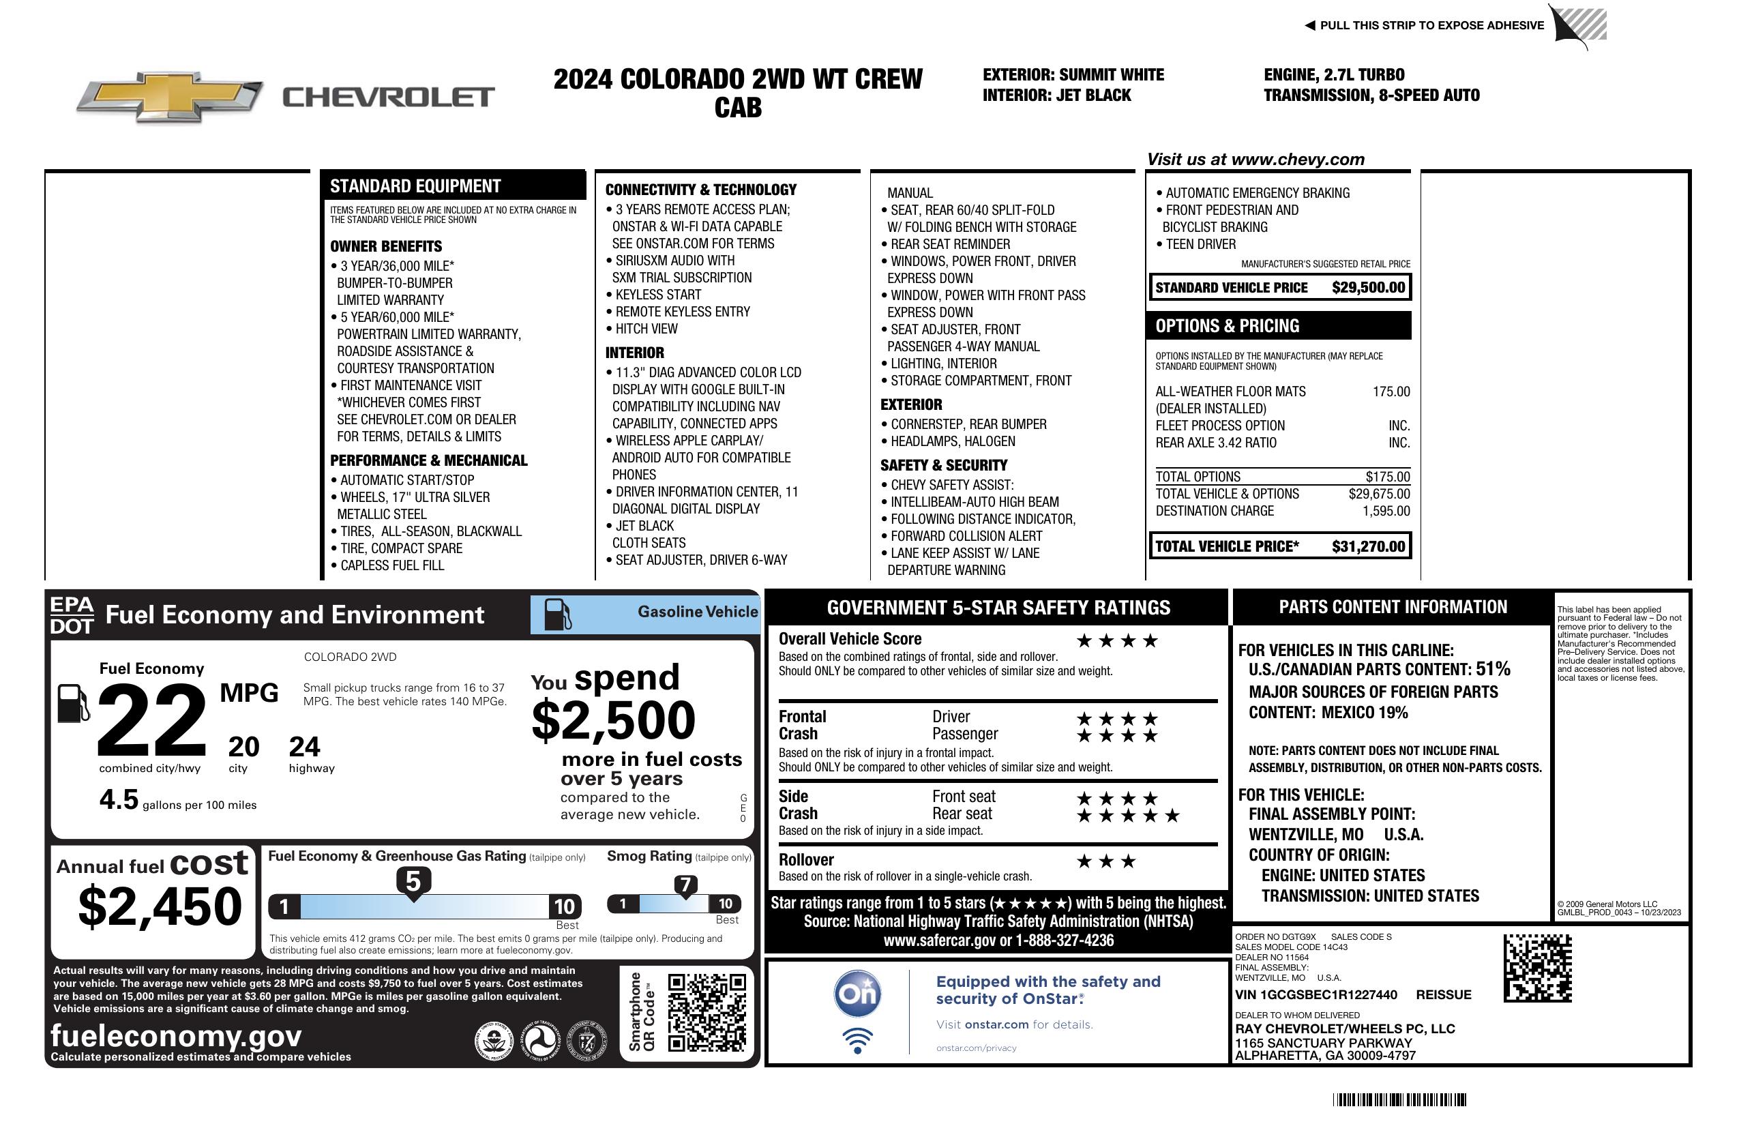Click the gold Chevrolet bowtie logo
(170, 95)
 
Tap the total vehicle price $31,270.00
(1368, 546)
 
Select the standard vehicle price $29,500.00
(1368, 288)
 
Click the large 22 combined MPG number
(151, 720)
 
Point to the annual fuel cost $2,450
(160, 906)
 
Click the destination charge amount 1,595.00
(1385, 512)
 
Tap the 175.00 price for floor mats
(1391, 391)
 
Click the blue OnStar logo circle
(857, 994)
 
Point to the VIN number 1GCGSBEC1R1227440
(1316, 995)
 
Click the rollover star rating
(1106, 861)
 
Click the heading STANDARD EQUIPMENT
(415, 186)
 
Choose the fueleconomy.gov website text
(176, 1036)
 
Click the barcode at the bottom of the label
(1399, 1099)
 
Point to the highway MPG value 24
(304, 747)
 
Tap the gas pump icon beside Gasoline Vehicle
(556, 614)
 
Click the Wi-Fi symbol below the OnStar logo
(857, 1040)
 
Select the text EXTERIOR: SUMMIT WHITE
(1073, 74)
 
